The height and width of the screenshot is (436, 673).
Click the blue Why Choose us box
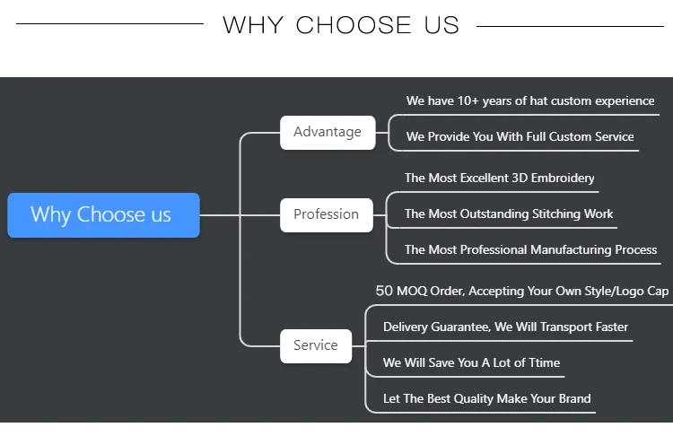click(x=103, y=215)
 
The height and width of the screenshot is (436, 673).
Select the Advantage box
click(x=327, y=132)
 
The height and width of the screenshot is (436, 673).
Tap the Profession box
click(x=326, y=214)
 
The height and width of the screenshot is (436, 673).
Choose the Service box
click(x=316, y=345)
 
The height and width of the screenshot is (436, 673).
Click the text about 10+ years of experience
click(x=530, y=101)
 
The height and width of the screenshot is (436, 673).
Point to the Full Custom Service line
click(x=520, y=137)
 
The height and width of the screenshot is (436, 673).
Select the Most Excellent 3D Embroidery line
click(x=499, y=179)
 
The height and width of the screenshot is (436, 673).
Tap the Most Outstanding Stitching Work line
click(x=509, y=214)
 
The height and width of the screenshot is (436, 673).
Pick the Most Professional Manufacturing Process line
click(x=530, y=250)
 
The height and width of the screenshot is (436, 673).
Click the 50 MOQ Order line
click(x=521, y=292)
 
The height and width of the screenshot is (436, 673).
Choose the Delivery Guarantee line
click(x=505, y=327)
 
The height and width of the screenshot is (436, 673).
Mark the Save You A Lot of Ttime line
click(x=471, y=363)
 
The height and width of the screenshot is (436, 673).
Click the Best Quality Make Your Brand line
click(x=486, y=399)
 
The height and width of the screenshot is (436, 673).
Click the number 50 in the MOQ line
click(x=384, y=292)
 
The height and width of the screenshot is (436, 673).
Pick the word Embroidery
click(x=565, y=179)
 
